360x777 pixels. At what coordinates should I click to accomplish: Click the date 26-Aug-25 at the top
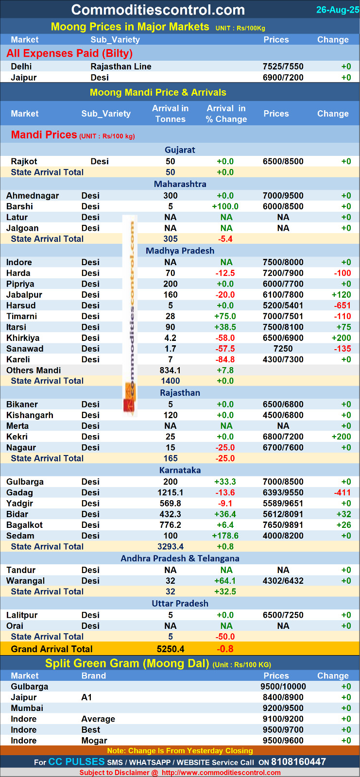pyautogui.click(x=337, y=10)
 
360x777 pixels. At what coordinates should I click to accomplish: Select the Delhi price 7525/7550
pyautogui.click(x=283, y=67)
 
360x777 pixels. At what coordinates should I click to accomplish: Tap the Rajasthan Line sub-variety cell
pyautogui.click(x=121, y=67)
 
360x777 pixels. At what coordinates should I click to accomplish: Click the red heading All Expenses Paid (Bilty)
pyautogui.click(x=69, y=53)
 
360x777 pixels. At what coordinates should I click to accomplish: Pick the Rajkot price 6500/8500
pyautogui.click(x=283, y=161)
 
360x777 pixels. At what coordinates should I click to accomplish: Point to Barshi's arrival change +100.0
pyautogui.click(x=225, y=206)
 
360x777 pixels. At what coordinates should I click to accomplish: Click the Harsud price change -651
pyautogui.click(x=342, y=305)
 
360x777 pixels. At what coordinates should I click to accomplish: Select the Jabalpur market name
pyautogui.click(x=24, y=295)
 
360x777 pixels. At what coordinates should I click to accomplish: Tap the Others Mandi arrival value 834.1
pyautogui.click(x=170, y=370)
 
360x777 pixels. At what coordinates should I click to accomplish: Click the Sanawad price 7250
pyautogui.click(x=283, y=349)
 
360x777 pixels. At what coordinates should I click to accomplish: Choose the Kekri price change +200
pyautogui.click(x=341, y=437)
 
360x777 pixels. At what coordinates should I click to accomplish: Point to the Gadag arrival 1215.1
pyautogui.click(x=170, y=492)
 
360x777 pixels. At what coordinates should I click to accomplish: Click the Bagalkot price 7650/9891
pyautogui.click(x=283, y=525)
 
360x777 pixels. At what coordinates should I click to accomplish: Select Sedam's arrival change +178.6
pyautogui.click(x=225, y=536)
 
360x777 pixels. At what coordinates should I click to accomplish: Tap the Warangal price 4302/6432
pyautogui.click(x=283, y=581)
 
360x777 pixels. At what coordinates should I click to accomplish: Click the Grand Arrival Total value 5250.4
pyautogui.click(x=171, y=649)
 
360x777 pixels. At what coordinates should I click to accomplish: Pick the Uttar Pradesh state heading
pyautogui.click(x=180, y=603)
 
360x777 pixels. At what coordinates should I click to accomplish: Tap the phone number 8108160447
pyautogui.click(x=298, y=762)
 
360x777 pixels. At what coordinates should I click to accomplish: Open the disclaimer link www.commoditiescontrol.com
pyautogui.click(x=221, y=773)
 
